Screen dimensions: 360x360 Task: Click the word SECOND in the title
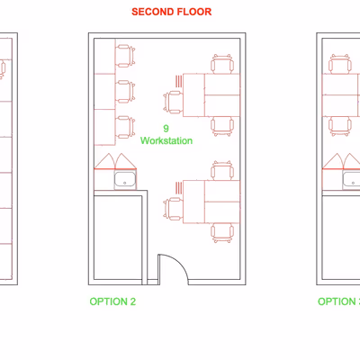152,12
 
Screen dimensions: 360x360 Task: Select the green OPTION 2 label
112,301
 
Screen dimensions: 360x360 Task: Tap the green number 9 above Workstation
166,129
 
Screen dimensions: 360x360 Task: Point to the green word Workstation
166,140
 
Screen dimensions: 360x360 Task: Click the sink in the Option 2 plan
125,180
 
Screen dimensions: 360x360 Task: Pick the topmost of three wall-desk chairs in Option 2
125,56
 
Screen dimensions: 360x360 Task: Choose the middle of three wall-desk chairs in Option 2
125,92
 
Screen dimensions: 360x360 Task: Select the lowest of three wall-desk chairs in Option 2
125,127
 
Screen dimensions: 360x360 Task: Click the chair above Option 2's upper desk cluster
222,64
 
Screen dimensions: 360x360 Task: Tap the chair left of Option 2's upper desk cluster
173,103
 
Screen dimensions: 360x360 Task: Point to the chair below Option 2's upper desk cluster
222,126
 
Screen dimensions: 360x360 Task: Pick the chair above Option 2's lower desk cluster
222,171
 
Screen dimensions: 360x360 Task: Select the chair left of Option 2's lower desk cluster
173,209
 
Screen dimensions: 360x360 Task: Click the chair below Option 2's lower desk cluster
222,233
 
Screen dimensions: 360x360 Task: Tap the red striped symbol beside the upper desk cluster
179,81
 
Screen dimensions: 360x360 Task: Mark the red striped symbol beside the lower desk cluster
179,187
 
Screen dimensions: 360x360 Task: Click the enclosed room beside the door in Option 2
118,238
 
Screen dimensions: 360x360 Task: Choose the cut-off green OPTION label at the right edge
339,301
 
